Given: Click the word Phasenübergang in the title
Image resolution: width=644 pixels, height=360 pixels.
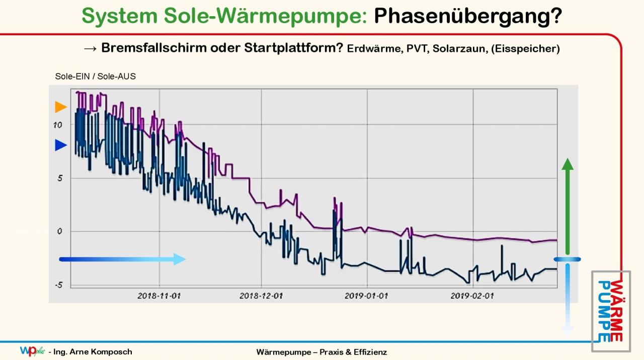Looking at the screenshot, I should click(x=468, y=16).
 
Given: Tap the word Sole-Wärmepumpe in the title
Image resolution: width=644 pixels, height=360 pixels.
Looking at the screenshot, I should click(x=266, y=16).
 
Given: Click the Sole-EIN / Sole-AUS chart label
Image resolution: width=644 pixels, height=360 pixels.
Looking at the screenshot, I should click(x=95, y=77).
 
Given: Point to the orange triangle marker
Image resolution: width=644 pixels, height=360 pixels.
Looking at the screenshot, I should click(x=61, y=107).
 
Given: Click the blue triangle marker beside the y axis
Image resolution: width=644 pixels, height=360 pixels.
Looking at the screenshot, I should click(x=61, y=146).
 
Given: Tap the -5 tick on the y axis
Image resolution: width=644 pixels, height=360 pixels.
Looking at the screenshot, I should click(x=59, y=285).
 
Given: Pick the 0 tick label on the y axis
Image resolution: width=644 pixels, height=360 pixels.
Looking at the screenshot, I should click(x=59, y=232).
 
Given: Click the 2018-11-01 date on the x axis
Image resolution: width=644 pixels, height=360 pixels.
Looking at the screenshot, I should click(x=159, y=296).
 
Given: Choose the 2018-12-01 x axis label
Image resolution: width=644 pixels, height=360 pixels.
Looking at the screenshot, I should click(x=261, y=296).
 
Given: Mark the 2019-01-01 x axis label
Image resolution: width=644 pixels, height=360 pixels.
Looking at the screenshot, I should click(x=366, y=296).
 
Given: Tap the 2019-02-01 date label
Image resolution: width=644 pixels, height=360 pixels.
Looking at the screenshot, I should click(x=472, y=296).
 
